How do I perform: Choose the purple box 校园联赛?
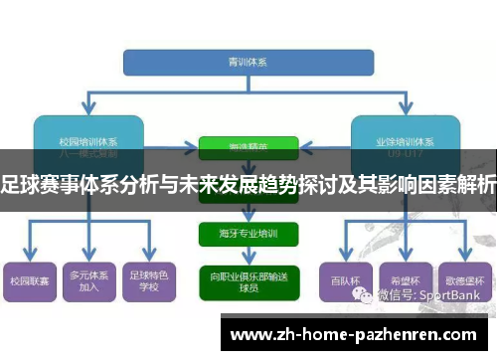30,282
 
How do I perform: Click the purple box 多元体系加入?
90,282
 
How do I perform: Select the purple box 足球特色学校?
150,282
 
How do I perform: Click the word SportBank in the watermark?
452,295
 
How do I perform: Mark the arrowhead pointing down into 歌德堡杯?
461,255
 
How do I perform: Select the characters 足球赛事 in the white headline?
41,184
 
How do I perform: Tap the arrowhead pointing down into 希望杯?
404,255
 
